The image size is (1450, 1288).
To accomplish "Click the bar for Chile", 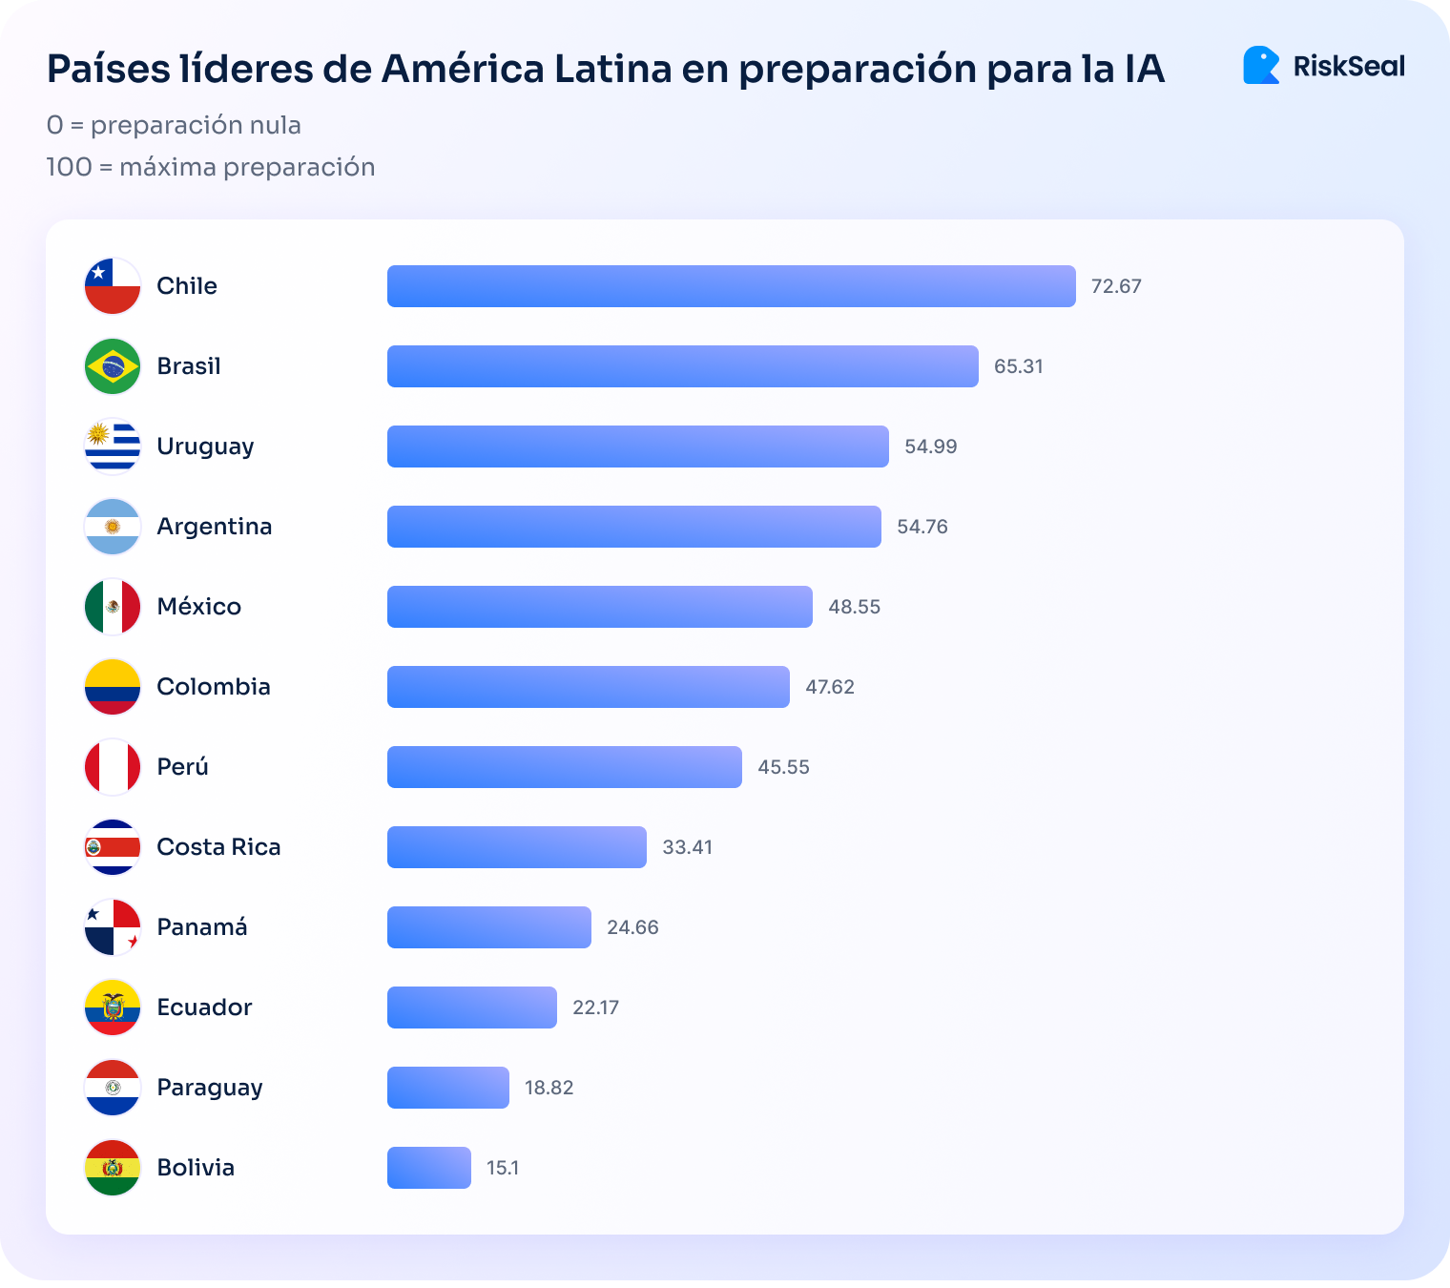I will pyautogui.click(x=731, y=286).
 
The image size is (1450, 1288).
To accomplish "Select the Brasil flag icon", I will pyautogui.click(x=113, y=366).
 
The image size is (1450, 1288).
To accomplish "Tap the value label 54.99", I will pyautogui.click(x=930, y=447).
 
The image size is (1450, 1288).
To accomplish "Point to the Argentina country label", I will pyautogui.click(x=215, y=527).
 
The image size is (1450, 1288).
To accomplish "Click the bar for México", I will pyautogui.click(x=599, y=607).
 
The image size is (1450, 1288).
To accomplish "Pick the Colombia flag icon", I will pyautogui.click(x=113, y=687).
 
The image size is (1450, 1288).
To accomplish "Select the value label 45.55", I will pyautogui.click(x=783, y=767).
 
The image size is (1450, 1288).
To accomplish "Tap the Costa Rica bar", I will pyautogui.click(x=516, y=847).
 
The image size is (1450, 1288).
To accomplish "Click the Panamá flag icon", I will pyautogui.click(x=113, y=927).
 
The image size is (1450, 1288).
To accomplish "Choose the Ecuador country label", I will pyautogui.click(x=204, y=1008).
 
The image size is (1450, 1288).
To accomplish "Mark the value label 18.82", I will pyautogui.click(x=549, y=1088).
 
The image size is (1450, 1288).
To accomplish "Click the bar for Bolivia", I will pyautogui.click(x=428, y=1168).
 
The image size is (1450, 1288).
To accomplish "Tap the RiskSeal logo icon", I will pyautogui.click(x=1261, y=66).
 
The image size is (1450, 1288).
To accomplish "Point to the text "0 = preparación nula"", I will pyautogui.click(x=174, y=125).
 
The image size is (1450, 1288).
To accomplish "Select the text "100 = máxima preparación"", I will pyautogui.click(x=211, y=167).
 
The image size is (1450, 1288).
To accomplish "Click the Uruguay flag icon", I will pyautogui.click(x=113, y=447).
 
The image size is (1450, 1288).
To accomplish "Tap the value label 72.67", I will pyautogui.click(x=1116, y=286).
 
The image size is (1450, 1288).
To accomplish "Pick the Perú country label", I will pyautogui.click(x=182, y=767).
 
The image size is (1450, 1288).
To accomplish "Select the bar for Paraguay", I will pyautogui.click(x=447, y=1088).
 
